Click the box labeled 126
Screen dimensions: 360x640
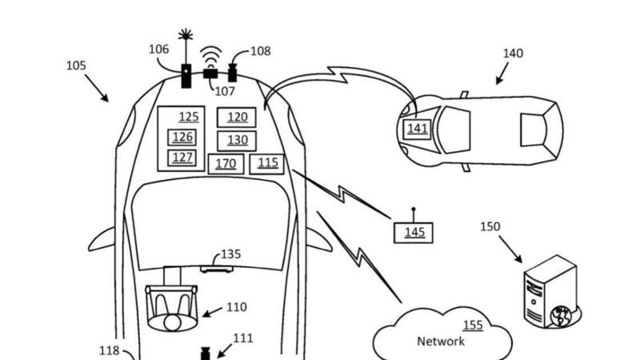[182, 137]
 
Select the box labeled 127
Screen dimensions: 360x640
[182, 157]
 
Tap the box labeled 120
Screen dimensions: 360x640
[237, 118]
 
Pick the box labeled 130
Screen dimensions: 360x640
[237, 140]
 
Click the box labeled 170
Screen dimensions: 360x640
[226, 164]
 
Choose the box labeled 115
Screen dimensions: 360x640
[267, 163]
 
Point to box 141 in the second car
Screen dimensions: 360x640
[418, 129]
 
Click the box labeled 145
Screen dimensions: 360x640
[414, 233]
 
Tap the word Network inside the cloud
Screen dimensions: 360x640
[441, 342]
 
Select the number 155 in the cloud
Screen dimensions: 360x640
[473, 325]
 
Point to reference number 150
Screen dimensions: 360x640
[490, 227]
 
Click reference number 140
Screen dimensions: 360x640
[513, 54]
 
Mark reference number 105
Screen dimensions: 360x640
[76, 65]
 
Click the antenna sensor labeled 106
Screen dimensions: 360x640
[186, 74]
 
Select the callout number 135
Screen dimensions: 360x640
[230, 254]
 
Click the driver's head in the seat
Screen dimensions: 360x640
[171, 322]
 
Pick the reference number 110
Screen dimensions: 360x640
[236, 307]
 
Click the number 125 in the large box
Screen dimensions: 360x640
[189, 118]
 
